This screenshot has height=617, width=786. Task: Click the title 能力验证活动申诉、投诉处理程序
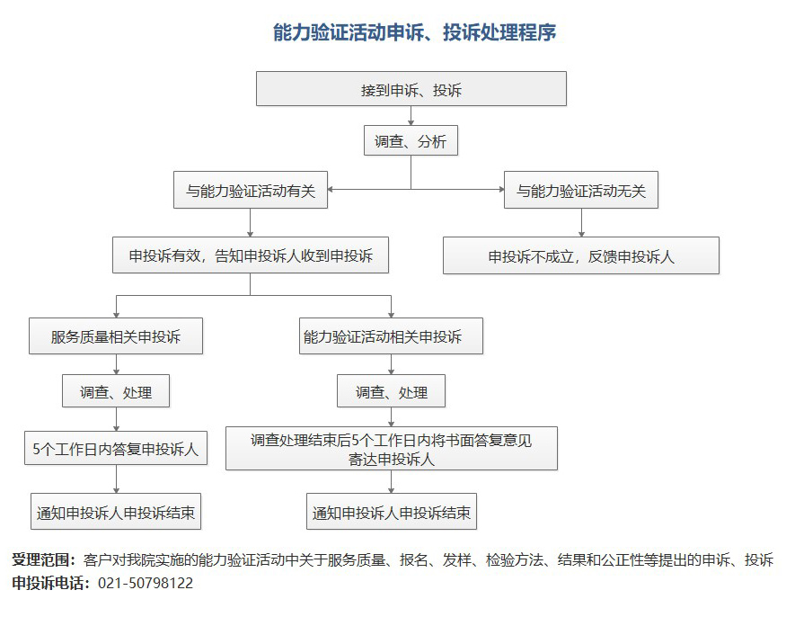click(414, 32)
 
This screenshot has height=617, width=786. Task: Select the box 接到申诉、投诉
click(411, 89)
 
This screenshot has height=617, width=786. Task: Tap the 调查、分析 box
click(411, 140)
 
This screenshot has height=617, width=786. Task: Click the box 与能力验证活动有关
click(251, 190)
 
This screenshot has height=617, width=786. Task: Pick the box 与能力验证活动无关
click(581, 190)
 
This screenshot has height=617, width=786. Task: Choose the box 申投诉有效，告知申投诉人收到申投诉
click(251, 255)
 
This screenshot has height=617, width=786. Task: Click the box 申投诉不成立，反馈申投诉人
click(581, 255)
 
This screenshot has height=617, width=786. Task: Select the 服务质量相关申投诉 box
click(116, 335)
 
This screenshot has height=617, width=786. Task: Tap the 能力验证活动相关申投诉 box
click(391, 335)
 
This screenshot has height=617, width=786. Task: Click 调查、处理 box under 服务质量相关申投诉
click(116, 391)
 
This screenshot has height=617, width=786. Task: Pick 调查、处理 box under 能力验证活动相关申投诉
click(391, 391)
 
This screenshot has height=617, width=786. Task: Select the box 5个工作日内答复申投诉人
click(116, 448)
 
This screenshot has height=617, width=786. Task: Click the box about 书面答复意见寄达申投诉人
click(392, 448)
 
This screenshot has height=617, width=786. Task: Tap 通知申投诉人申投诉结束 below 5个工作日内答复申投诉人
click(116, 512)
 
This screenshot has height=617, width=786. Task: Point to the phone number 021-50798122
click(146, 583)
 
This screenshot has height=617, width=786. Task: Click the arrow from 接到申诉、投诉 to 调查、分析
click(411, 116)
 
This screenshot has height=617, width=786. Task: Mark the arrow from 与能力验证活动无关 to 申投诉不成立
click(581, 223)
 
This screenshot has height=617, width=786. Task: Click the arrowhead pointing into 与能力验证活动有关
click(331, 190)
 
